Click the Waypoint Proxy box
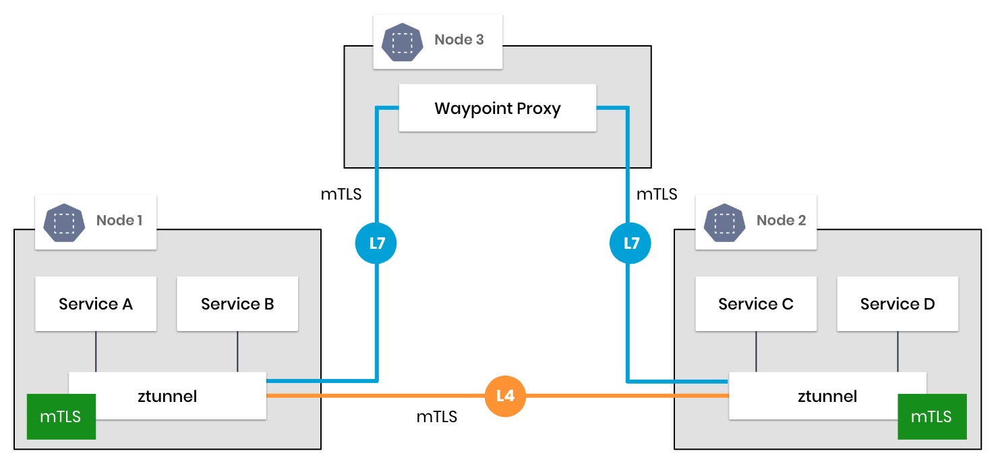pyautogui.click(x=498, y=108)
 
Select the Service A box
pyautogui.click(x=96, y=303)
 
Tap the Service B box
pyautogui.click(x=237, y=303)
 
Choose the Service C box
pyautogui.click(x=755, y=303)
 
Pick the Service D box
pyautogui.click(x=898, y=303)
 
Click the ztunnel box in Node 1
pyautogui.click(x=167, y=396)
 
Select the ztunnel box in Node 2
pyautogui.click(x=827, y=396)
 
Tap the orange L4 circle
pyautogui.click(x=505, y=396)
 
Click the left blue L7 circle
pyautogui.click(x=376, y=243)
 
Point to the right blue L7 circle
pyautogui.click(x=630, y=243)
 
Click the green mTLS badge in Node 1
pyautogui.click(x=61, y=416)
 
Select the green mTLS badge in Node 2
pyautogui.click(x=931, y=416)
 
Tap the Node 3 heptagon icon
pyautogui.click(x=403, y=40)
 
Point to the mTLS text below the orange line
pyautogui.click(x=436, y=417)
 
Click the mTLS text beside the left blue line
pyautogui.click(x=341, y=194)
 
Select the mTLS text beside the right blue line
pyautogui.click(x=657, y=194)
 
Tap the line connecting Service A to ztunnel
pyautogui.click(x=96, y=351)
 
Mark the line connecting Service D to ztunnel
pyautogui.click(x=898, y=351)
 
